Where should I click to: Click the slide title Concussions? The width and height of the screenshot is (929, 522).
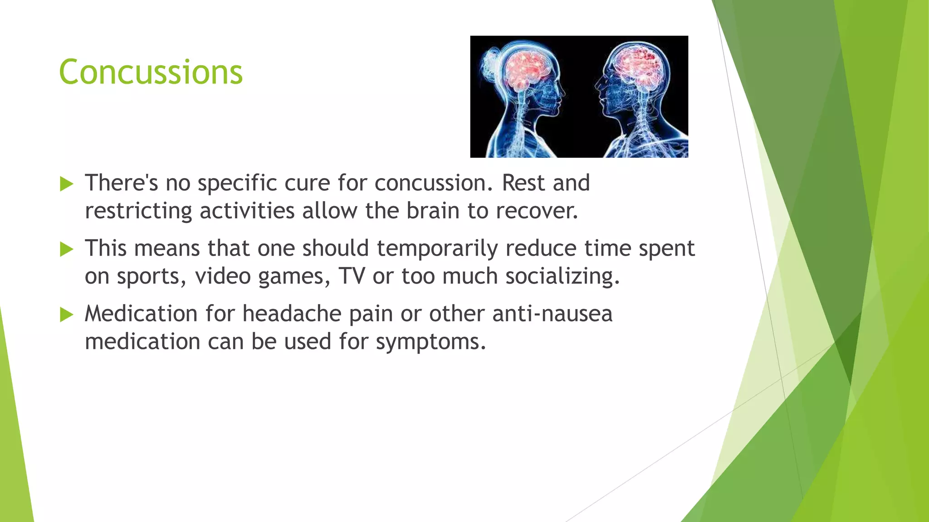pos(151,72)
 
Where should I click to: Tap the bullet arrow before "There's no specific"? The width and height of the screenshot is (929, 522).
pos(66,184)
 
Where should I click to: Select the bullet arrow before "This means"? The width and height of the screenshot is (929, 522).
pos(66,249)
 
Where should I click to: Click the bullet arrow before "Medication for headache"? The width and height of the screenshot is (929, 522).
pos(66,314)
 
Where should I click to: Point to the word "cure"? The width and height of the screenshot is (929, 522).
pos(307,183)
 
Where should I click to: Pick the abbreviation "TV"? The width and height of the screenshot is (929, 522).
pos(352,276)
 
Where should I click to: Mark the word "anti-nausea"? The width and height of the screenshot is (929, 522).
pos(552,314)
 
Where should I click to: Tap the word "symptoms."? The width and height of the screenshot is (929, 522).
pos(431,342)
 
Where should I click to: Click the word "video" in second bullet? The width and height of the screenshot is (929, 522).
pos(223,276)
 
